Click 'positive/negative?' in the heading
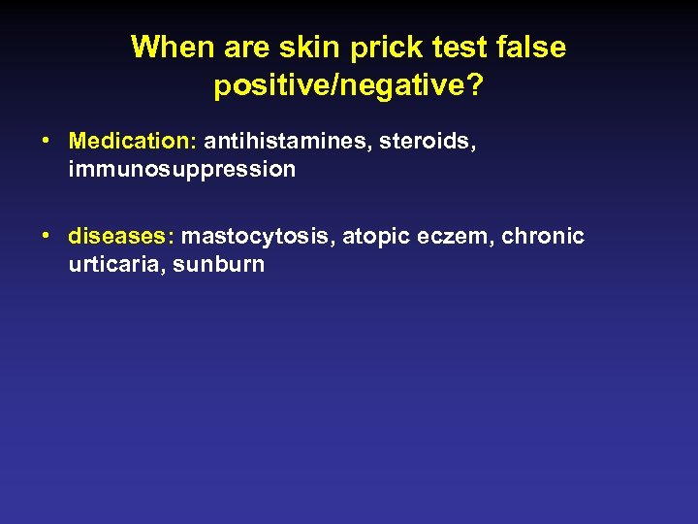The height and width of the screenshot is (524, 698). click(349, 86)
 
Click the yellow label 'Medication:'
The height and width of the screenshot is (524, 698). click(133, 142)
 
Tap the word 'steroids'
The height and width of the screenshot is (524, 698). click(415, 142)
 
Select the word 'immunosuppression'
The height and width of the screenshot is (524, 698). click(182, 170)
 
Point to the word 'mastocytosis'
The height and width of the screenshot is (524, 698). click(256, 236)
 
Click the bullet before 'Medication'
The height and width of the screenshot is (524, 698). click(47, 142)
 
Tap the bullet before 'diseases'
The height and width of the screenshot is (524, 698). click(47, 236)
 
